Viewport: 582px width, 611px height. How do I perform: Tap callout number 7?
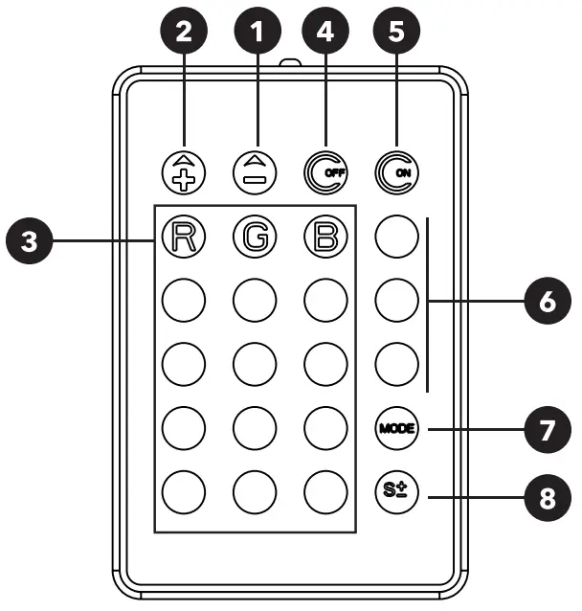(545, 428)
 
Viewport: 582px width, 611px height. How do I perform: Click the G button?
(253, 236)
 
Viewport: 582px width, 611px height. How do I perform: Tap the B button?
(325, 236)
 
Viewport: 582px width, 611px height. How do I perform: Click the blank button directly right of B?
(395, 236)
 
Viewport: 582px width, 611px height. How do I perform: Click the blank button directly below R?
(183, 300)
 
